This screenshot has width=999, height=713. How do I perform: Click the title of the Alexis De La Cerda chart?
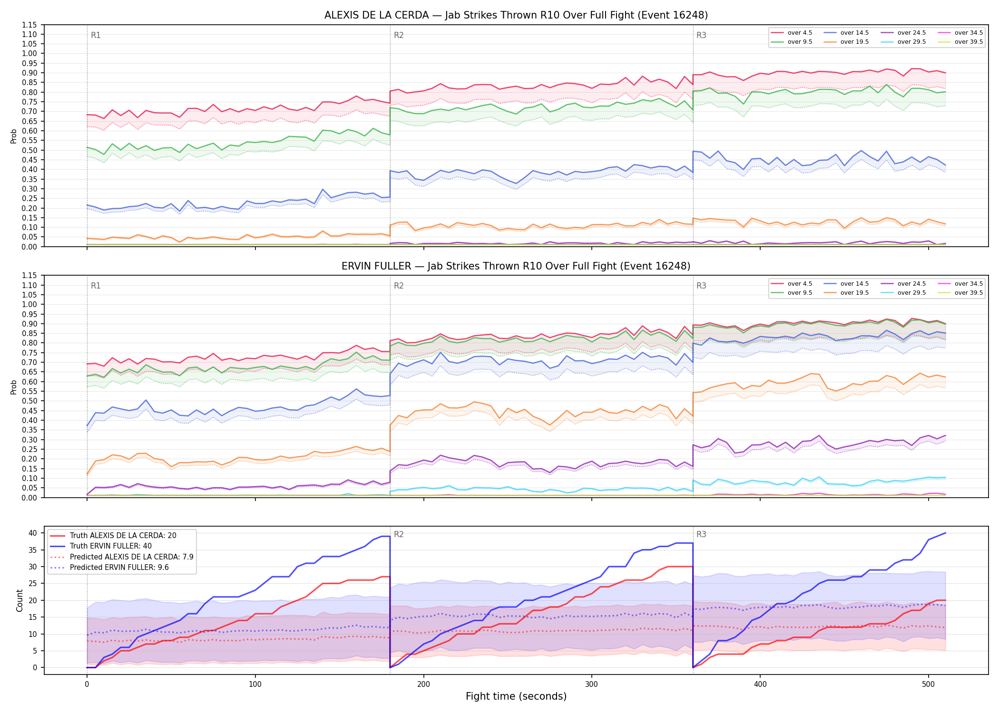click(516, 15)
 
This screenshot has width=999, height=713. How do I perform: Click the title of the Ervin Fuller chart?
click(516, 266)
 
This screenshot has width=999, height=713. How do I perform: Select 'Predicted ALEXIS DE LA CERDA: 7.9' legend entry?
click(122, 557)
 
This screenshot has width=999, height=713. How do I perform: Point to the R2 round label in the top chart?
click(399, 35)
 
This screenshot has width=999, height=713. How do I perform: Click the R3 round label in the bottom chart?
click(701, 534)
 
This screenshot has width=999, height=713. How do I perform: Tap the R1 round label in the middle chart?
click(96, 286)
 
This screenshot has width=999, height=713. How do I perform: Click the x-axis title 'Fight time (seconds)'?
click(516, 696)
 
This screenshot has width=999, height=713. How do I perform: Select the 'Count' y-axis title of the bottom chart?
click(20, 600)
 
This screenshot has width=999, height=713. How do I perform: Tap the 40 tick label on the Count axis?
click(32, 533)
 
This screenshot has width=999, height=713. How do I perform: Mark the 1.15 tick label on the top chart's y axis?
click(29, 25)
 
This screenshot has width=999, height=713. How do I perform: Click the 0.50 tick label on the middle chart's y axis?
click(29, 401)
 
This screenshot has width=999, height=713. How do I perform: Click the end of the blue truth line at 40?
click(945, 533)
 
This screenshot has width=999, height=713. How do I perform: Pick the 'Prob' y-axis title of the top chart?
click(13, 136)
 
